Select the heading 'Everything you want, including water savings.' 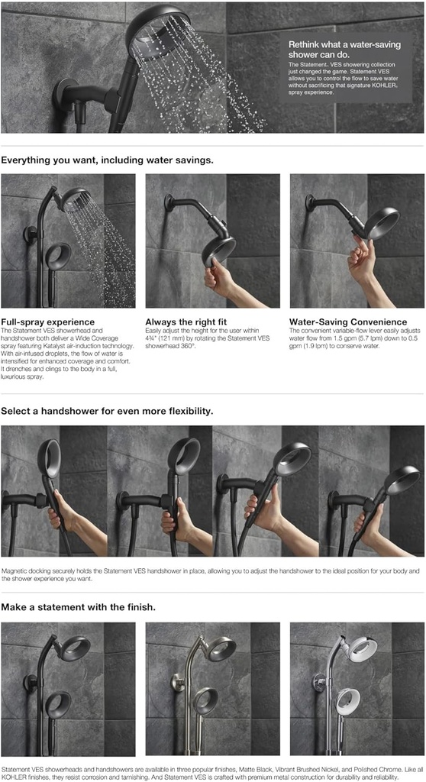108,160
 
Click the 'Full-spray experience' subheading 48,322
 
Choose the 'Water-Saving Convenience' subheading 347,322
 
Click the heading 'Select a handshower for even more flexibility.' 107,411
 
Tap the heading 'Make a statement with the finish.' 79,607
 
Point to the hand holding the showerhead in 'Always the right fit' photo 218,278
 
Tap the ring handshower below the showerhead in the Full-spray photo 58,256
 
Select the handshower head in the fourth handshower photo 401,480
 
